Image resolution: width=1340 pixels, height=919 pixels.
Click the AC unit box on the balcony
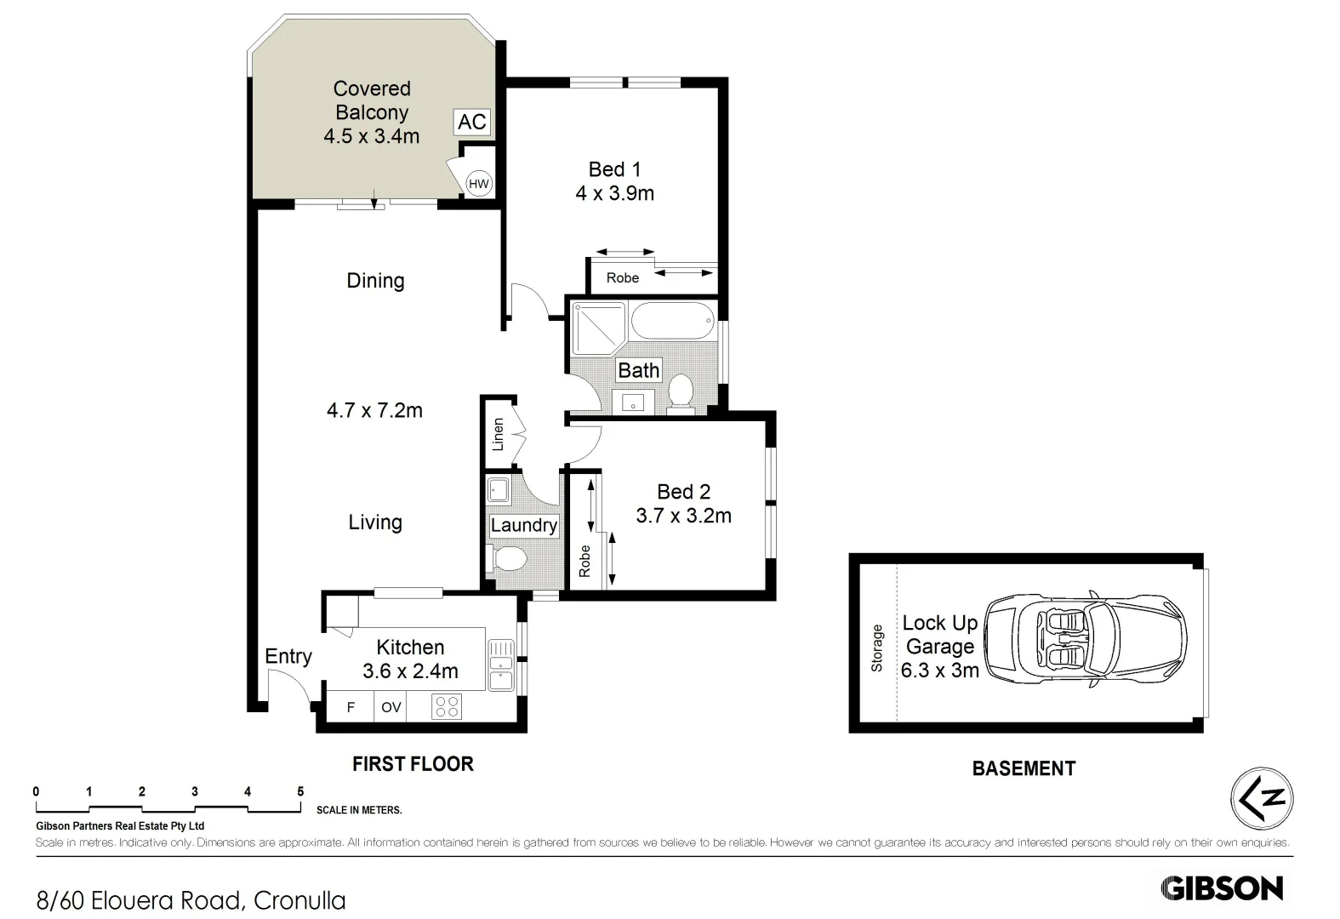[471, 122]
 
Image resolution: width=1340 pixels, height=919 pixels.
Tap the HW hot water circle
[479, 184]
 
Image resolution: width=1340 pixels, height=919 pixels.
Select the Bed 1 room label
[614, 169]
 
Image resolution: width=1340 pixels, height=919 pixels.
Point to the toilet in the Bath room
[680, 393]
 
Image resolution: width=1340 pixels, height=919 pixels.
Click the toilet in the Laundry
[510, 559]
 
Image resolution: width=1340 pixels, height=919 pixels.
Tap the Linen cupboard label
[499, 433]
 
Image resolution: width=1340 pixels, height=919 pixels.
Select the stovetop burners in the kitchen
[447, 706]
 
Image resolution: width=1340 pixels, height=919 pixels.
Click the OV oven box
[391, 707]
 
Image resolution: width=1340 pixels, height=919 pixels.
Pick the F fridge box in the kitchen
[351, 707]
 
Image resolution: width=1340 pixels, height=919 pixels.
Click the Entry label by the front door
[288, 656]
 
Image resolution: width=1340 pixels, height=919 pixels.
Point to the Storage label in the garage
[877, 648]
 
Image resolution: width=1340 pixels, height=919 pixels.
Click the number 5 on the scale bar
[300, 791]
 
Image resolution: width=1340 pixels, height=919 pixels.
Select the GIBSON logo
[1221, 888]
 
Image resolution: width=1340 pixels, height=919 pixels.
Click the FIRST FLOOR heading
[413, 764]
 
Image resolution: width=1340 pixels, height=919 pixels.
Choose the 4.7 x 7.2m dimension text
[374, 410]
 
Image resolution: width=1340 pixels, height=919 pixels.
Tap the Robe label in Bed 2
[584, 562]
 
